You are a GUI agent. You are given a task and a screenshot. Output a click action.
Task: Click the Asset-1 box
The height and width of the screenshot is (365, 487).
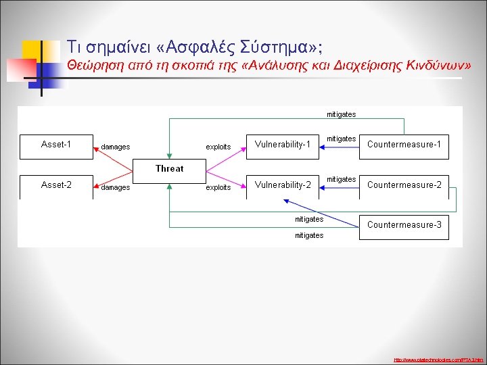(56, 146)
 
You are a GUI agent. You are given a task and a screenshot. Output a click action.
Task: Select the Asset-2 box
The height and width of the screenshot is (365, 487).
(56, 187)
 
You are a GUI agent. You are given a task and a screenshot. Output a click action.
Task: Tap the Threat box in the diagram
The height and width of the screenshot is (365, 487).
(169, 168)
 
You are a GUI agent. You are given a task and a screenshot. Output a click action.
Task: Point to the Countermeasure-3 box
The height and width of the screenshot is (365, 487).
(404, 225)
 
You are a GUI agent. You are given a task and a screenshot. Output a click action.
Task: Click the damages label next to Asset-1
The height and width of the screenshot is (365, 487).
(115, 147)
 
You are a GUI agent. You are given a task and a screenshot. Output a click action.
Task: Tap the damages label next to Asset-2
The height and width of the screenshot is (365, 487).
(115, 188)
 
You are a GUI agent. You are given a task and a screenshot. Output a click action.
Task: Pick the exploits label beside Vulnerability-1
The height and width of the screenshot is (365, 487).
(218, 147)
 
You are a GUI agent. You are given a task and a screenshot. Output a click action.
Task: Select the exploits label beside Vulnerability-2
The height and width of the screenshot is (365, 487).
(218, 188)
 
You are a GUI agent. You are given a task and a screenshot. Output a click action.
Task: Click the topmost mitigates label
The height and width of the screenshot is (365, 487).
(341, 114)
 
